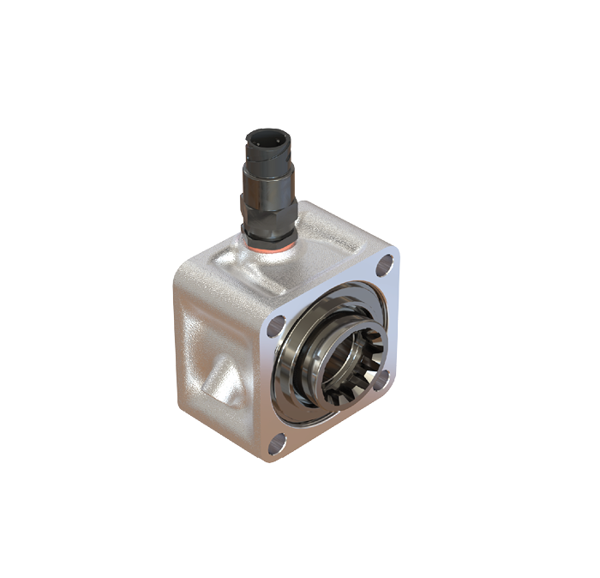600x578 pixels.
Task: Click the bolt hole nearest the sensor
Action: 385,263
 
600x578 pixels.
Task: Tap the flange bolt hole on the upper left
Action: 276,326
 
